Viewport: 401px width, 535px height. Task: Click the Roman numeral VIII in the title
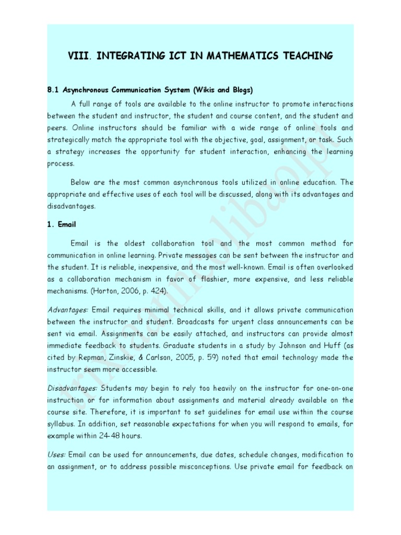tap(77, 56)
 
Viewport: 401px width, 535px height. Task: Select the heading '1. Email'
tap(62, 224)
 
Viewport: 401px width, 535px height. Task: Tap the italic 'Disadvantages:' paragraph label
tap(72, 388)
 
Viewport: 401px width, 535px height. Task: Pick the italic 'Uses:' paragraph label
tap(56, 455)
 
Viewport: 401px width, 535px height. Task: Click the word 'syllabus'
tap(61, 424)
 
